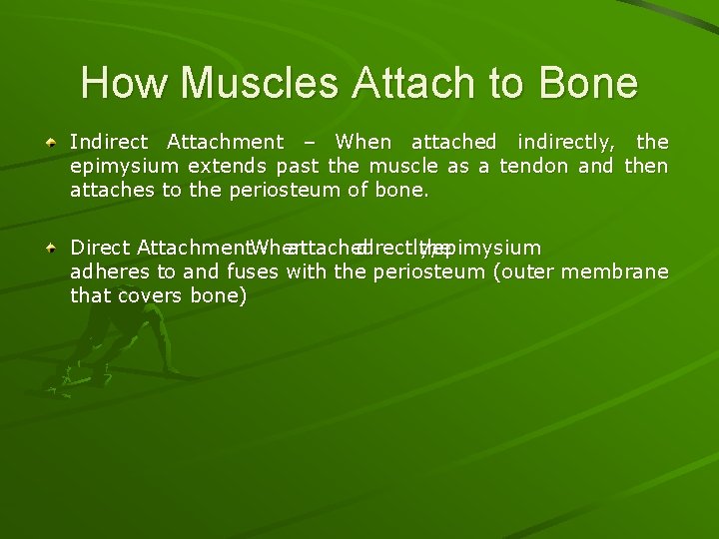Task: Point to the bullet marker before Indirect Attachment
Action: (53, 143)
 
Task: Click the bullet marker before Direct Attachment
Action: (53, 248)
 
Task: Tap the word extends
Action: (228, 165)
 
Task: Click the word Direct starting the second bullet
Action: (101, 248)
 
